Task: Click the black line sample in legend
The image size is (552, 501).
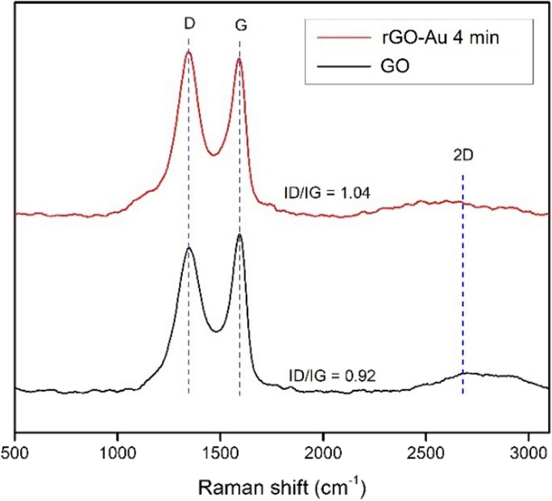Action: [x=339, y=68]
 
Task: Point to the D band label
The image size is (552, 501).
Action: [x=189, y=25]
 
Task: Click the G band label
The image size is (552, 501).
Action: [x=240, y=26]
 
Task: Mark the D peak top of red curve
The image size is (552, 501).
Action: [x=189, y=52]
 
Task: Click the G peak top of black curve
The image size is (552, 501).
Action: [x=240, y=234]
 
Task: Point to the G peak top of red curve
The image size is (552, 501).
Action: [x=239, y=58]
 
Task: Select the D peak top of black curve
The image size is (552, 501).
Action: [x=189, y=247]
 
